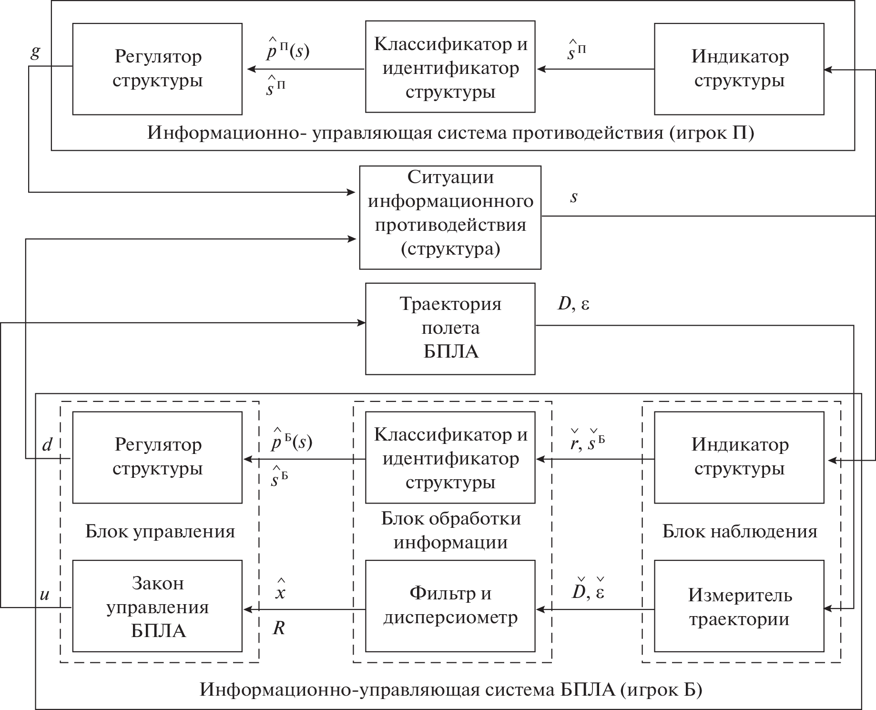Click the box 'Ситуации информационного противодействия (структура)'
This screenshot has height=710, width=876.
pos(450,217)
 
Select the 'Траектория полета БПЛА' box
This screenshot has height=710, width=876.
pos(450,329)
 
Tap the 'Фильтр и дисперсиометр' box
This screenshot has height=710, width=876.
pos(450,606)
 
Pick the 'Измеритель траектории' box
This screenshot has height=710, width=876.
pos(739,606)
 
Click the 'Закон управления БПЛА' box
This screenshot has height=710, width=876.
pos(157,606)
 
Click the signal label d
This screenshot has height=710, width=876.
pos(47,445)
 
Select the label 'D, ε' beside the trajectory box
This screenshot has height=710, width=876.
pos(573,304)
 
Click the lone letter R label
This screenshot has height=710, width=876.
pos(279,628)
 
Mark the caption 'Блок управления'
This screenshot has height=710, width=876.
pos(160,531)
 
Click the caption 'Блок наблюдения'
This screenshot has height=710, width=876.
pos(740,531)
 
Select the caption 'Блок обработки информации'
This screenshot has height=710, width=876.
pos(451,530)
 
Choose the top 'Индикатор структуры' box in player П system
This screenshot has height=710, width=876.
pos(739,69)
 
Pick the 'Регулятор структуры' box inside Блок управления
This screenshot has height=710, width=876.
pos(157,457)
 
